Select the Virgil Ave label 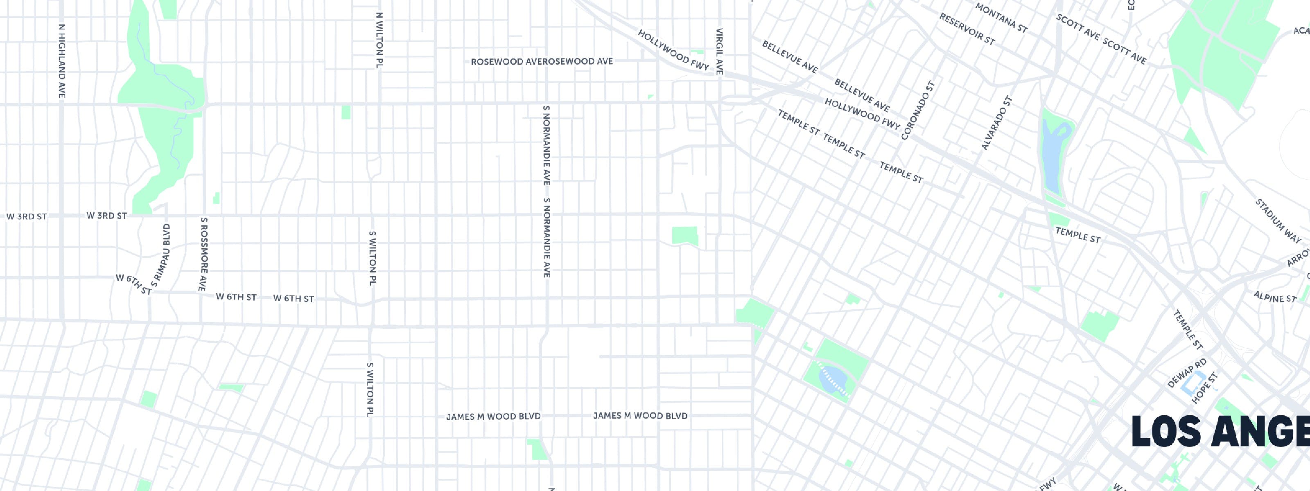(720, 51)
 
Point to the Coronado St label (918, 110)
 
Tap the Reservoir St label (967, 29)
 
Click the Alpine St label (1274, 297)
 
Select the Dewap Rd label (1187, 373)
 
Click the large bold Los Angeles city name (1220, 432)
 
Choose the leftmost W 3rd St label (27, 216)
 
